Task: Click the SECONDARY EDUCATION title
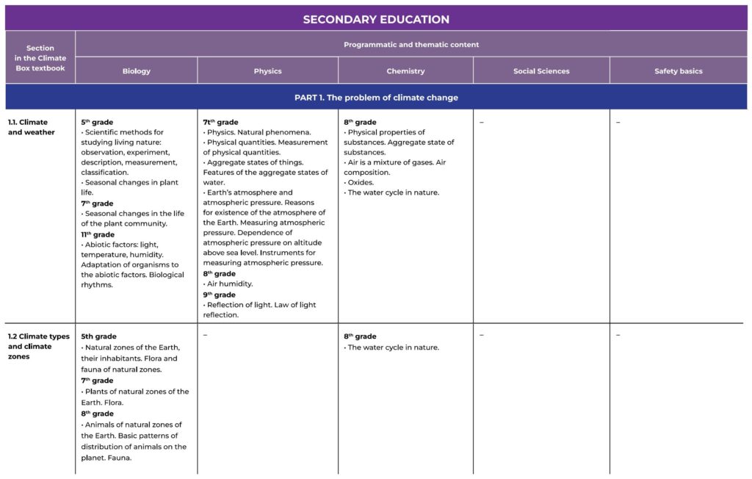(376, 19)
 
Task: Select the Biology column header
(137, 71)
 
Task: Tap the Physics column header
(267, 71)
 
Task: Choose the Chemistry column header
(405, 71)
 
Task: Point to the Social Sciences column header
(541, 71)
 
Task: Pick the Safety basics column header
(678, 71)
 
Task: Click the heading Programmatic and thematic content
(411, 45)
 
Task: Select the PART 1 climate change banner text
(376, 98)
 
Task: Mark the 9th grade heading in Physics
(220, 295)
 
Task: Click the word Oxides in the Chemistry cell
(361, 182)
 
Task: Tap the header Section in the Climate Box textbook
(40, 58)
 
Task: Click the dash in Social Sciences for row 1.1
(481, 123)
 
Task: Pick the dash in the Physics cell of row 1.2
(205, 336)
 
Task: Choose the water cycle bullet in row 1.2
(393, 347)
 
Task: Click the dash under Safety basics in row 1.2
(618, 336)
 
